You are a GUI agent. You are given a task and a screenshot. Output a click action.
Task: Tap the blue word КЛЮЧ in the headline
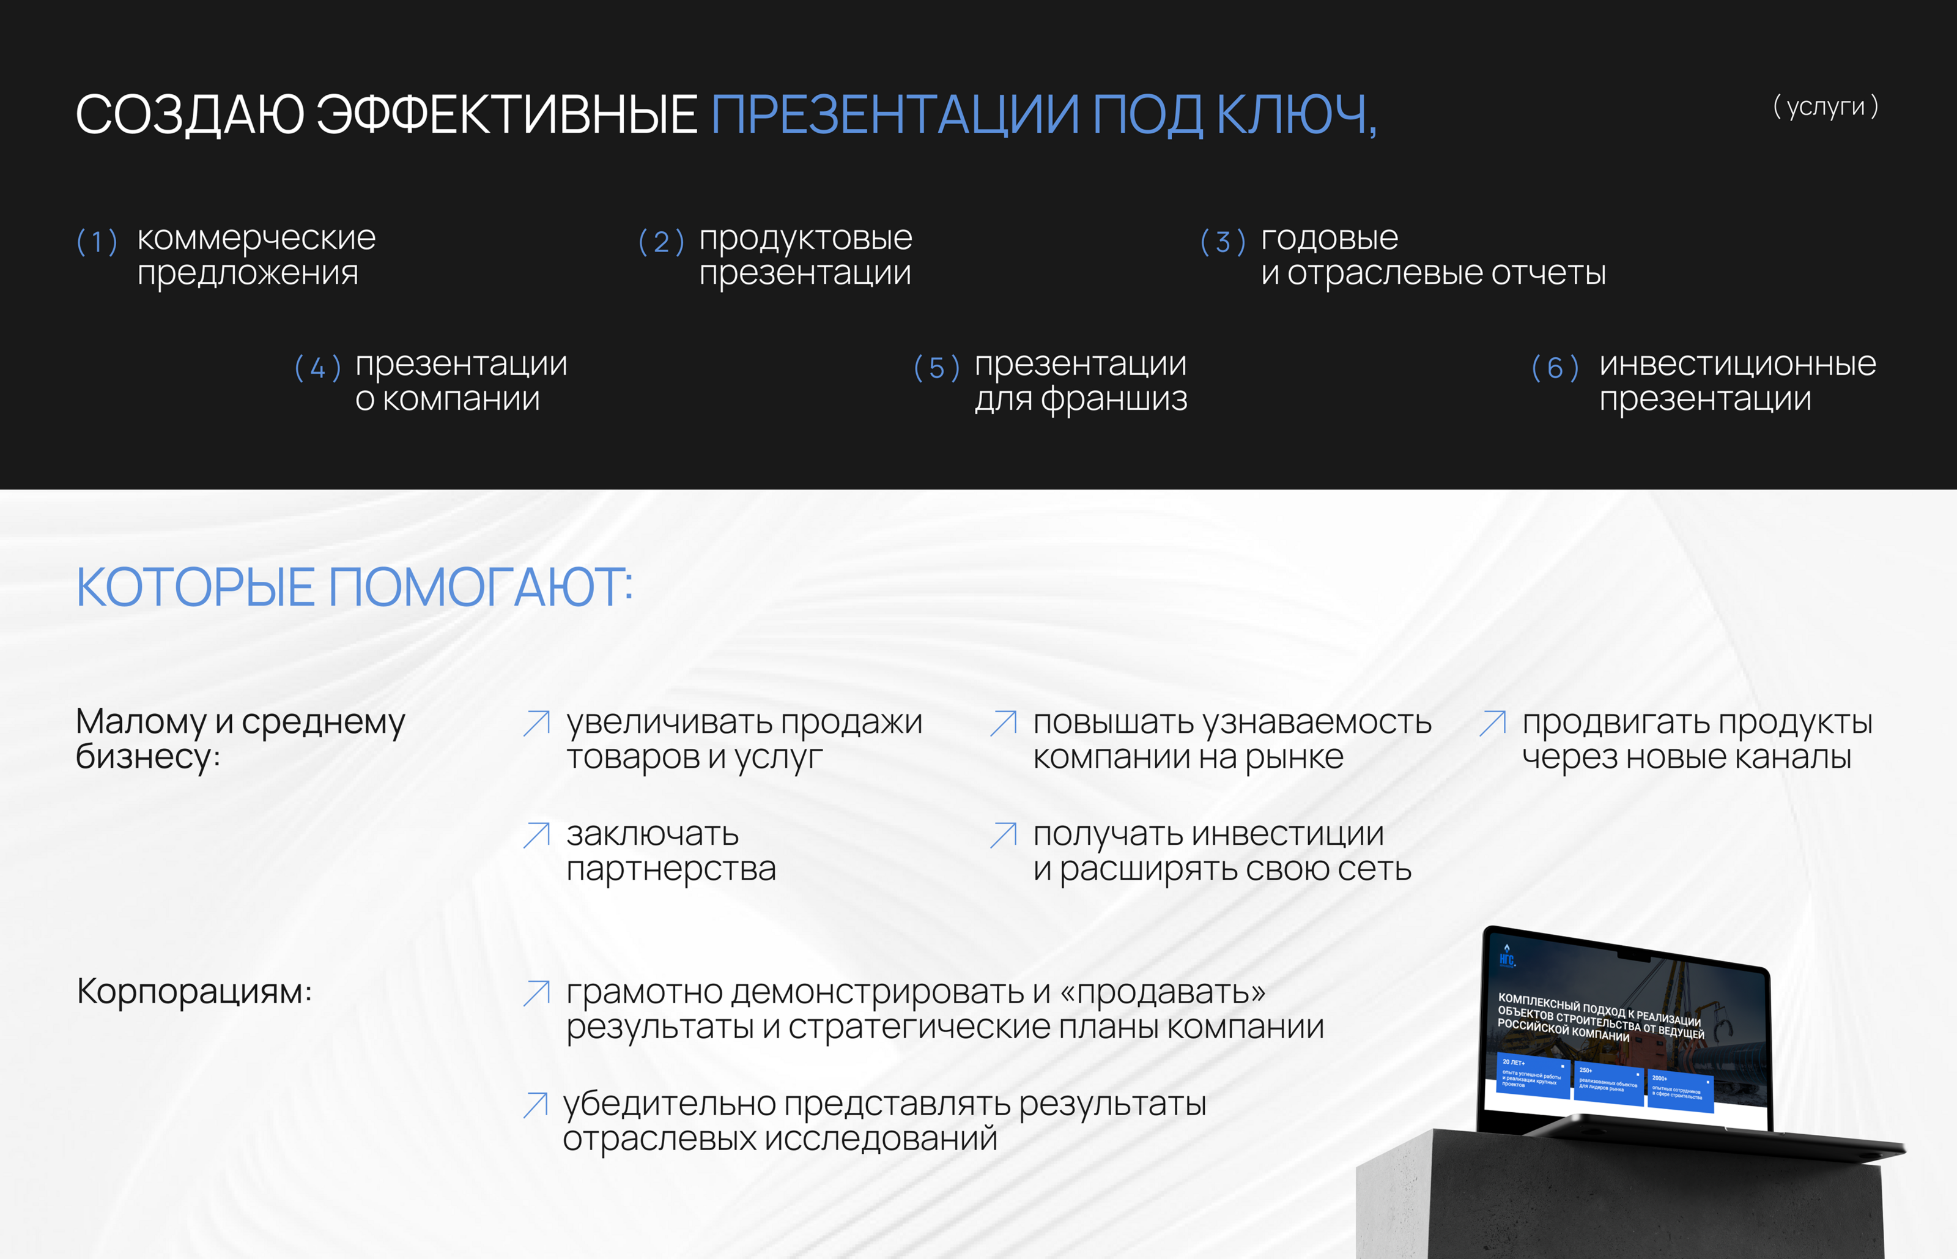tap(1295, 114)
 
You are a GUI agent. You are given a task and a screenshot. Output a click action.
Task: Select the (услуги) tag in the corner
tap(1825, 106)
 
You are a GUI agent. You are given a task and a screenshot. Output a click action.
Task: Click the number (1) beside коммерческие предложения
tap(97, 242)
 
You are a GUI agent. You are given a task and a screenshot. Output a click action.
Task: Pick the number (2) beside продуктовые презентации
tap(660, 242)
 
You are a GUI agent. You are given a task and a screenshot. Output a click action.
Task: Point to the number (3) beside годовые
tap(1223, 242)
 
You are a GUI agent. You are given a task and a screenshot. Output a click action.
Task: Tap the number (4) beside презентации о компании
tap(317, 368)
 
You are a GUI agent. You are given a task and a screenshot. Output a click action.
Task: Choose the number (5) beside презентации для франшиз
tap(936, 368)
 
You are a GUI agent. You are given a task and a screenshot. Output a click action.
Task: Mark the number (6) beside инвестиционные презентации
tap(1554, 368)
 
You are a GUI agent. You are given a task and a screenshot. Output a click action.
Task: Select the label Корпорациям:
tap(194, 992)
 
